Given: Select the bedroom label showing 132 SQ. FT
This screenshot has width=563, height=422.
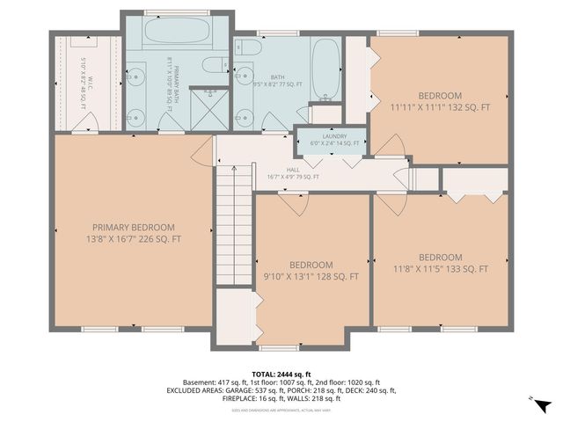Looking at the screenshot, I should coord(440,101).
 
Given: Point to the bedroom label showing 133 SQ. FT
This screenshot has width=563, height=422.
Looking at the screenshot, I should coord(440,264).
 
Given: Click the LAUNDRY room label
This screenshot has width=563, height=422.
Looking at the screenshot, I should coord(333,140).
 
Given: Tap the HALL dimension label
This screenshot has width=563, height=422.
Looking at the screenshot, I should coord(293,173).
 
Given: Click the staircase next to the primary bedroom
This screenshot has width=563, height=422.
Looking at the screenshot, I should coord(234,229).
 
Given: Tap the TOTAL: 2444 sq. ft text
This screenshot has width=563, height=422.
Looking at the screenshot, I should coord(281,374).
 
